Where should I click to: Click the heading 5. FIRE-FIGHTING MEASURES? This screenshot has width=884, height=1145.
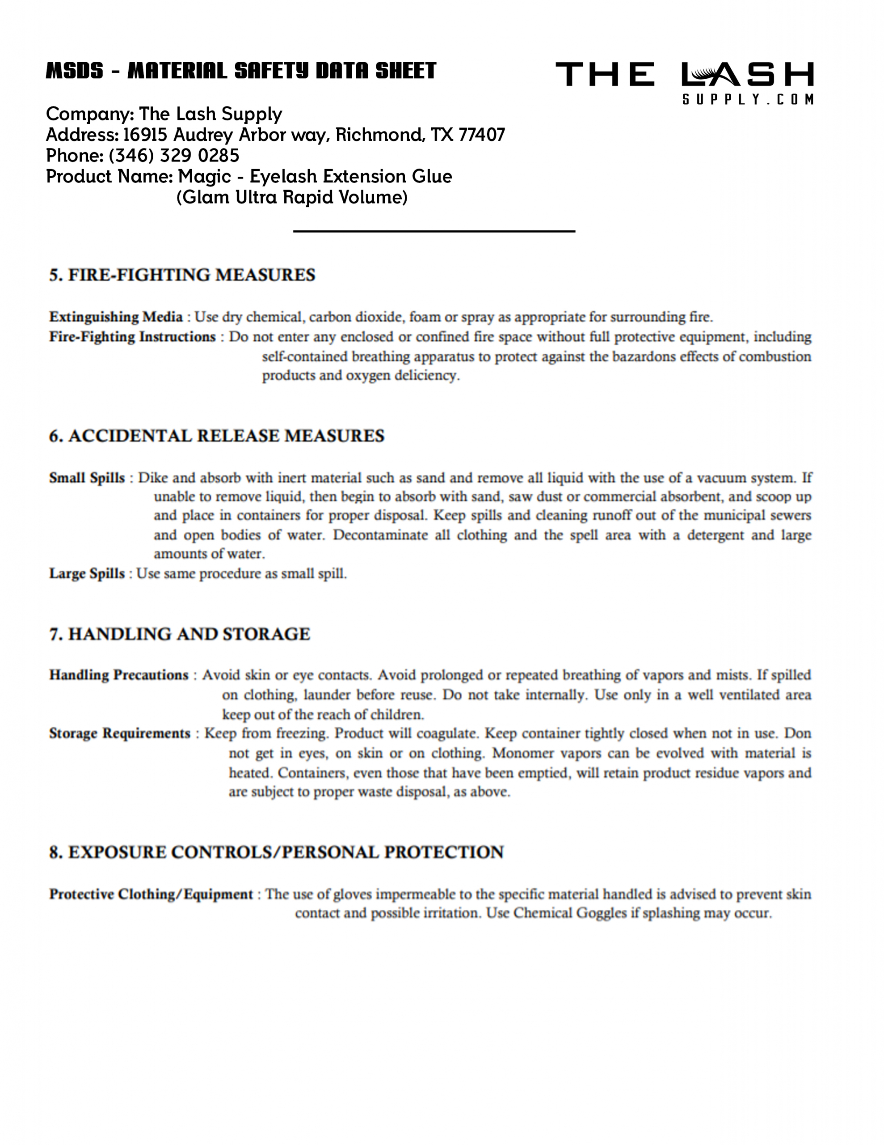tap(182, 275)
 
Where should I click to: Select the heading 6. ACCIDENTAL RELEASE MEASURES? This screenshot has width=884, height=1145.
tap(216, 436)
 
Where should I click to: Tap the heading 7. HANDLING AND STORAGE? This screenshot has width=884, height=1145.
tap(179, 634)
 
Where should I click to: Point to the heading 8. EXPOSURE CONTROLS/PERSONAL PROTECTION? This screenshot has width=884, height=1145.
tap(276, 852)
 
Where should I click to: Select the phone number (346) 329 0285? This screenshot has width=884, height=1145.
tap(173, 156)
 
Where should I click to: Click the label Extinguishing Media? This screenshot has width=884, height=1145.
tap(116, 317)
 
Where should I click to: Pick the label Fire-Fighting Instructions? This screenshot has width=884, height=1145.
tap(132, 337)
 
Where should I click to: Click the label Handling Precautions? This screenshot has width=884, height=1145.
tap(118, 675)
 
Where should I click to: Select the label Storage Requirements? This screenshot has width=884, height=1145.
tap(119, 733)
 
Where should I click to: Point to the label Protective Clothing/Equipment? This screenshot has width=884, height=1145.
tap(151, 894)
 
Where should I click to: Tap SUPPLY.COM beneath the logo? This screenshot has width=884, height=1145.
tap(748, 100)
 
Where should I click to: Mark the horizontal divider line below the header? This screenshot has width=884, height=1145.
tap(434, 231)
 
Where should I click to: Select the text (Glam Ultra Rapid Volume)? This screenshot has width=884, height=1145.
tap(292, 197)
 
